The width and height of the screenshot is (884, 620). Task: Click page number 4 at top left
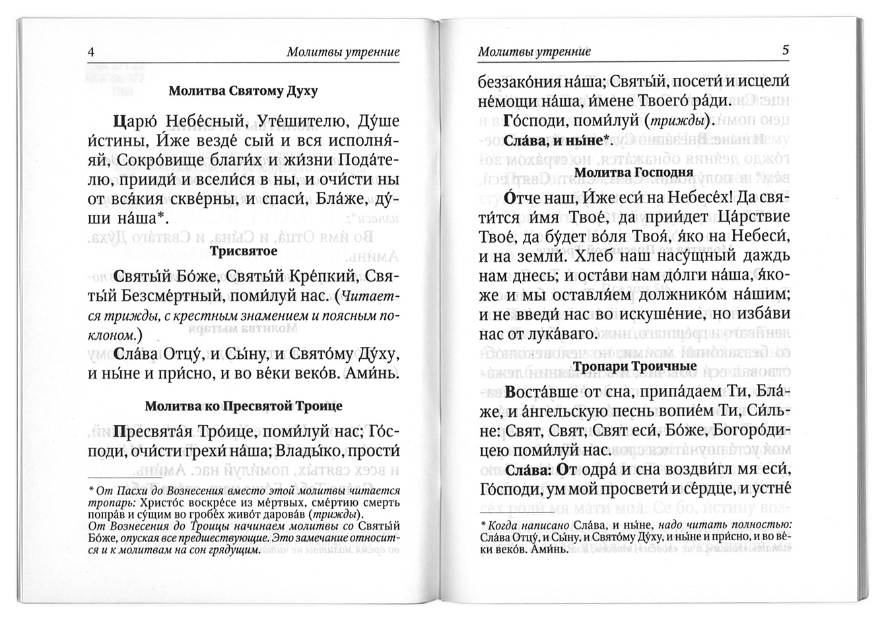pyautogui.click(x=91, y=51)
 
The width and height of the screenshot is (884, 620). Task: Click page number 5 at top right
pyautogui.click(x=785, y=50)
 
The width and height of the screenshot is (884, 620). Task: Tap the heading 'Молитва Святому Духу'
pyautogui.click(x=243, y=91)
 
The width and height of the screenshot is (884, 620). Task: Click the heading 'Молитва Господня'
pyautogui.click(x=633, y=172)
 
